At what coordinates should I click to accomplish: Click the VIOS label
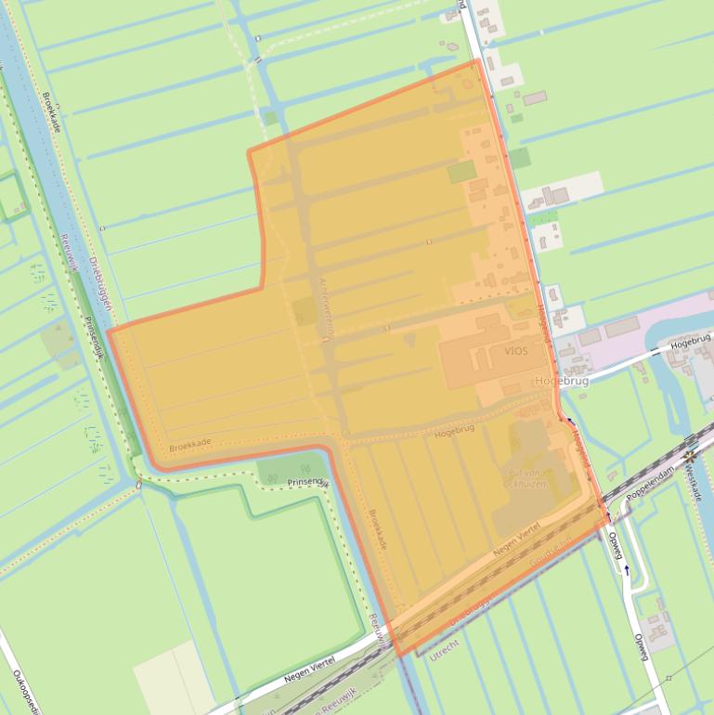[516, 352]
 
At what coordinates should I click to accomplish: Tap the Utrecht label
[446, 647]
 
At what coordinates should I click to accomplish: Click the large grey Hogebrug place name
[561, 381]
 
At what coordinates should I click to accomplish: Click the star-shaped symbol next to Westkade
[689, 457]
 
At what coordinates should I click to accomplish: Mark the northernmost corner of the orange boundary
[478, 60]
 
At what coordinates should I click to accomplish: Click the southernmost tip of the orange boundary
[400, 656]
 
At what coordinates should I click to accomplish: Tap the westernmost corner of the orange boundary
[109, 331]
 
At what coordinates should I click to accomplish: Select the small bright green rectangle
[461, 172]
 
